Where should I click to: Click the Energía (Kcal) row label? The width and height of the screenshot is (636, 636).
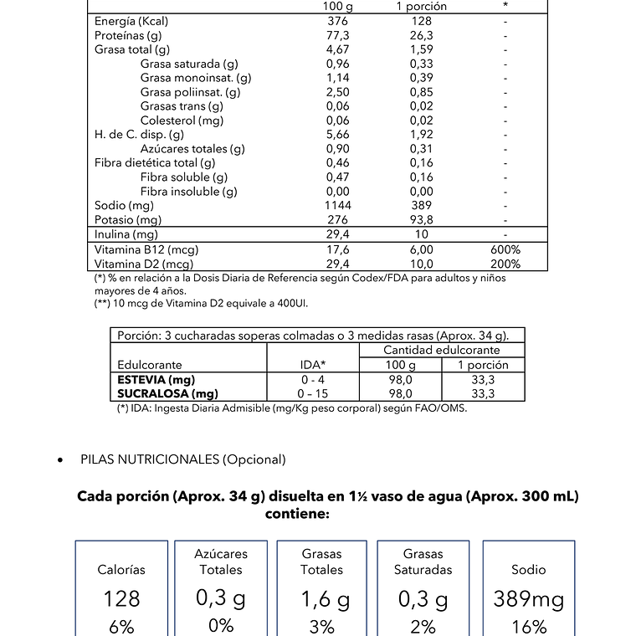pos(131,21)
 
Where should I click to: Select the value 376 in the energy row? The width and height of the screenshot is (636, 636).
pos(338,21)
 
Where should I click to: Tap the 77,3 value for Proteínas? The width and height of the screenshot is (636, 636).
pos(338,35)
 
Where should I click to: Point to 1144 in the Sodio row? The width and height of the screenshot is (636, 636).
pos(338,205)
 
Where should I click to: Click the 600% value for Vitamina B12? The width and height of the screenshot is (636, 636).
pos(505,249)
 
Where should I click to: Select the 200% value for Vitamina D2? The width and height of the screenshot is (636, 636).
pos(505,264)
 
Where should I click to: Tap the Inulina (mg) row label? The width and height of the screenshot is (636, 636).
pos(126,235)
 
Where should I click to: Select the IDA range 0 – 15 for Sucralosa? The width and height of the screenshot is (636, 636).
pos(312,393)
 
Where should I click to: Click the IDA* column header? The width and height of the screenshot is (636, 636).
pos(312,365)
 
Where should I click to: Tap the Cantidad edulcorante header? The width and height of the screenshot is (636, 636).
pos(441,350)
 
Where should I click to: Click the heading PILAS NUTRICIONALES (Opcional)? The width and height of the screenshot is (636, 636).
pos(183,459)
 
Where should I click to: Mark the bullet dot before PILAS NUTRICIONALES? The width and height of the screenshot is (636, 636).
pos(59,460)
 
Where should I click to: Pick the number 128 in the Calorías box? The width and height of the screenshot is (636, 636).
pos(121,599)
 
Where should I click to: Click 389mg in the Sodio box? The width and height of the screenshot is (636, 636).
pos(528,599)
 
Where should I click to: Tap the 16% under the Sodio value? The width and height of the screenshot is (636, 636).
pos(528,626)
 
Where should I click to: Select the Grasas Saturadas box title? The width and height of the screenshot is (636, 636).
pos(423,562)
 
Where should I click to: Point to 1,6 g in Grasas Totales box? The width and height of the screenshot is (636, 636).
pos(321,599)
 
